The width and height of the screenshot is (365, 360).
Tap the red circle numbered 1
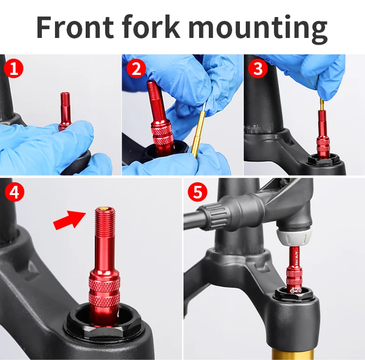click(14, 69)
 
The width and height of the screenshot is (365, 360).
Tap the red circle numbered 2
click(136, 69)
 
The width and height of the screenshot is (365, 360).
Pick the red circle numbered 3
click(258, 69)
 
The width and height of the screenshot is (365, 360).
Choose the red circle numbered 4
click(14, 192)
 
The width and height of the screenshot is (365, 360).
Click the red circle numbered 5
click(197, 192)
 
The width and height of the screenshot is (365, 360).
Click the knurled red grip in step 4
click(104, 292)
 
